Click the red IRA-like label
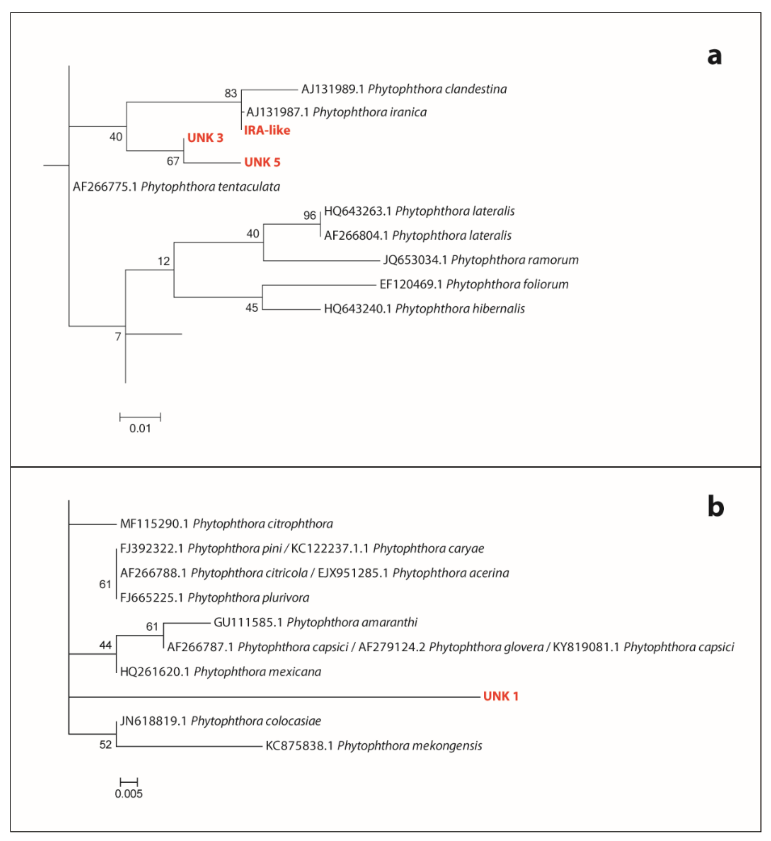pos(267,130)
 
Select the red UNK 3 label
pos(205,138)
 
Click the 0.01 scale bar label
pos(140,428)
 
